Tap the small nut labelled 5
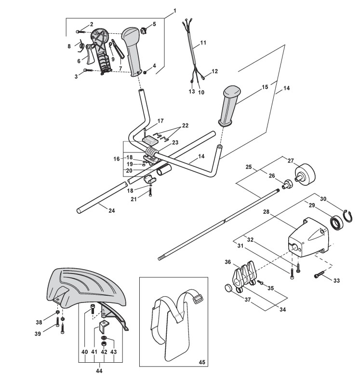[143, 32]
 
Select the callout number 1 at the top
[174, 11]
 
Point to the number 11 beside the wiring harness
[203, 43]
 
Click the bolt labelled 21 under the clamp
[150, 191]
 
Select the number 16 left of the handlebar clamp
[116, 158]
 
